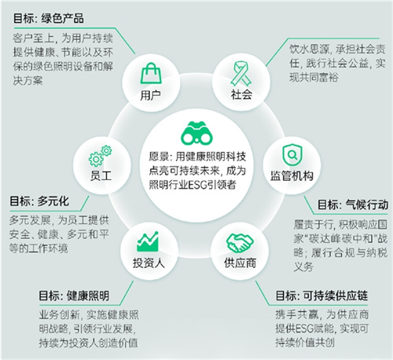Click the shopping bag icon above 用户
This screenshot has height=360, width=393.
pyautogui.click(x=151, y=73)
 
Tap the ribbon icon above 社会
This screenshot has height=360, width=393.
pyautogui.click(x=241, y=74)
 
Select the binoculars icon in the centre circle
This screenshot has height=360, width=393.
pyautogui.click(x=196, y=134)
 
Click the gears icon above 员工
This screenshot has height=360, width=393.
pyautogui.click(x=100, y=156)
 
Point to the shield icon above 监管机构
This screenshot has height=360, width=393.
pyautogui.click(x=292, y=155)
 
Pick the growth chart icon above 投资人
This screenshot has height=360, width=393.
pyautogui.click(x=148, y=241)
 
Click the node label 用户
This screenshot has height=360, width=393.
pyautogui.click(x=150, y=95)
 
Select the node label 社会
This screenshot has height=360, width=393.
pyautogui.click(x=241, y=94)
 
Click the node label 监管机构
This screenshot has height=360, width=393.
pyautogui.click(x=292, y=176)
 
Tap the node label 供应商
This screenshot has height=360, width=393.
pyautogui.click(x=240, y=263)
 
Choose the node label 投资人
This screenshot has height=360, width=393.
pyautogui.click(x=149, y=263)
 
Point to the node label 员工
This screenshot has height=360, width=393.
pyautogui.click(x=101, y=175)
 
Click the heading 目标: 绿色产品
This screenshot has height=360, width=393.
pyautogui.click(x=49, y=19)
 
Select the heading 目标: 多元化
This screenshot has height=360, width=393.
pyautogui.click(x=39, y=201)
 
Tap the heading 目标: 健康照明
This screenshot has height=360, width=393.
pyautogui.click(x=74, y=296)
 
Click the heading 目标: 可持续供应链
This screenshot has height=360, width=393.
pyautogui.click(x=321, y=296)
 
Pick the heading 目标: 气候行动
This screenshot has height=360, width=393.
pyautogui.click(x=353, y=204)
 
